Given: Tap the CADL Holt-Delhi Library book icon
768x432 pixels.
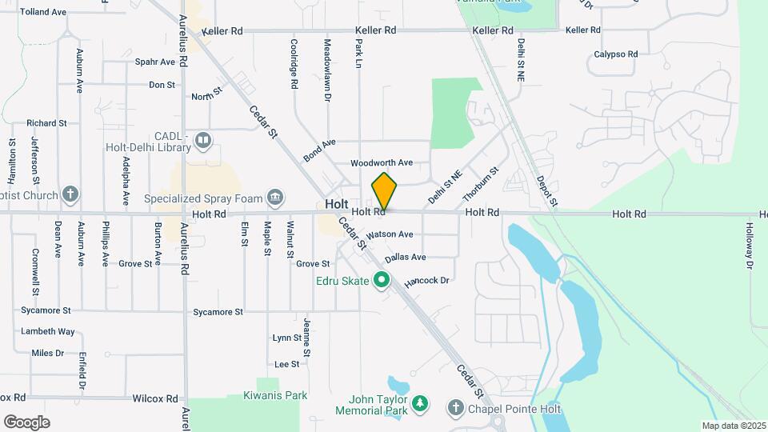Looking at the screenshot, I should point(203,142).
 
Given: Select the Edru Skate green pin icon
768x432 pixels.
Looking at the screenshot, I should point(382,280).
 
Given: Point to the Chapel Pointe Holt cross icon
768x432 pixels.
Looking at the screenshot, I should point(456,408).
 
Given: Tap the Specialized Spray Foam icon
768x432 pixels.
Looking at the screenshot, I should point(274,198).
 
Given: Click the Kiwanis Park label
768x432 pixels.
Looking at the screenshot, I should point(275,395).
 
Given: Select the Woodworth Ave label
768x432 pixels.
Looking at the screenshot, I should point(382,162).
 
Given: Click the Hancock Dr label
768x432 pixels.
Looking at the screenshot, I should point(427,282).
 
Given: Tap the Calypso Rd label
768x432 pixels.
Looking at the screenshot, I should point(615,54).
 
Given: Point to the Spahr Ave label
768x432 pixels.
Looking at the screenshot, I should point(154,62).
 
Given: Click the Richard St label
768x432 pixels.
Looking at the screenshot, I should point(46,123).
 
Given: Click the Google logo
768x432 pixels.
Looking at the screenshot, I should point(26,422).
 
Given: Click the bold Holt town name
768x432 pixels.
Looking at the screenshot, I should point(337,204).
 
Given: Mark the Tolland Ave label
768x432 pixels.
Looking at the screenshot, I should point(42,12).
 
